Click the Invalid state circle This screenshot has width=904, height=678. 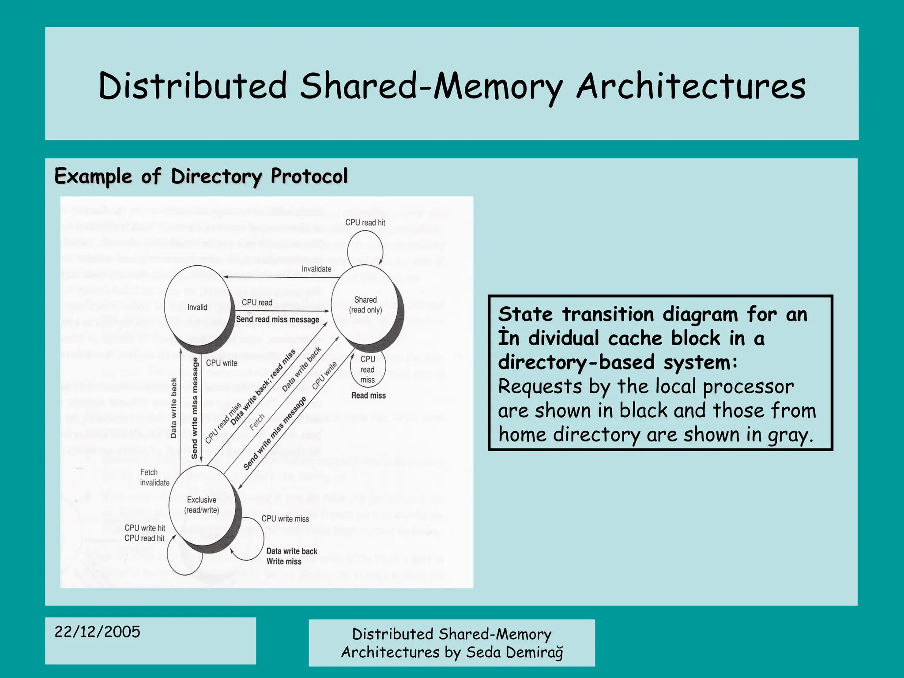[x=197, y=307]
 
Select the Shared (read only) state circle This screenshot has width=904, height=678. [x=365, y=305]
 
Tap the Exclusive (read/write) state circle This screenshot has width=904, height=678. [x=202, y=505]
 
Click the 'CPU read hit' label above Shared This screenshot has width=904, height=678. [x=365, y=222]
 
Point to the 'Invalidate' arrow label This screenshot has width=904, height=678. [x=316, y=269]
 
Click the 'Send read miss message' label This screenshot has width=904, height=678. [x=278, y=319]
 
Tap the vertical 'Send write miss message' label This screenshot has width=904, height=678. [x=195, y=408]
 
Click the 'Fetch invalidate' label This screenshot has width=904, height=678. [x=154, y=477]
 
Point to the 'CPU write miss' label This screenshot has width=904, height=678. [x=285, y=519]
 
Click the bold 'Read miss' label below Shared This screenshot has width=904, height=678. [x=368, y=395]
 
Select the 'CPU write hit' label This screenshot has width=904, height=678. [x=145, y=528]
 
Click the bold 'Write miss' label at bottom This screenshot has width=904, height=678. [x=284, y=561]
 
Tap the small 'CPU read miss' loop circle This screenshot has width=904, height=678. [x=368, y=369]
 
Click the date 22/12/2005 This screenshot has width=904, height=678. [x=98, y=632]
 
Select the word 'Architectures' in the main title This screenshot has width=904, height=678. [x=691, y=86]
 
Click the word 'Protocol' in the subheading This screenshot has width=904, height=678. [x=309, y=176]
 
